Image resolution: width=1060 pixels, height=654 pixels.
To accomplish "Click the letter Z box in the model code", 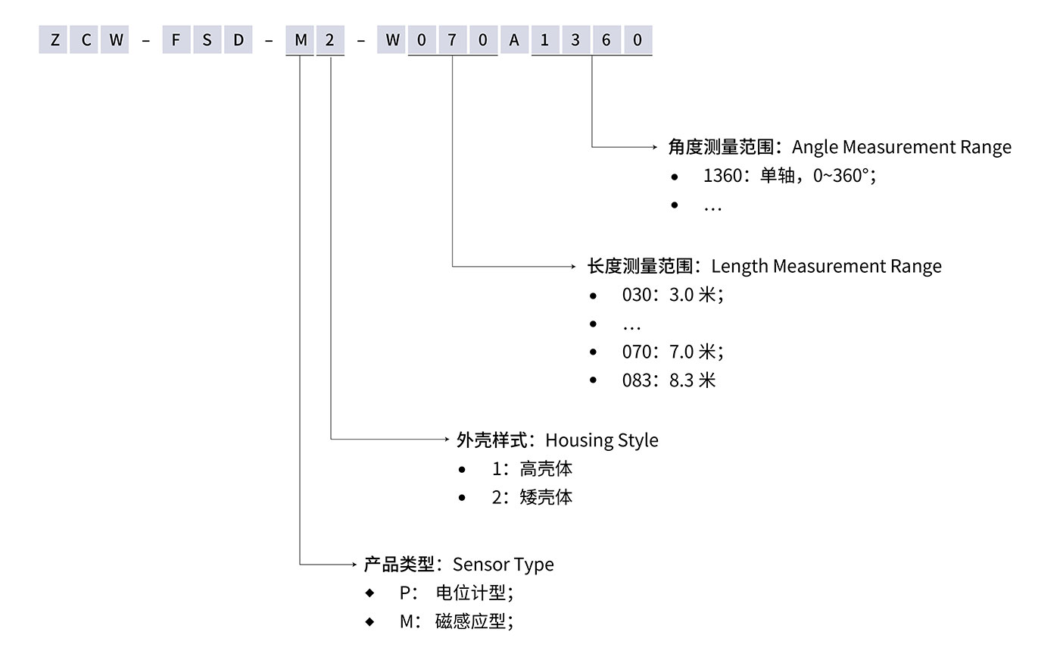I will [x=54, y=41].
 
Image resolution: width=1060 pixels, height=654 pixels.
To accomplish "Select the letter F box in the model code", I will [x=176, y=41].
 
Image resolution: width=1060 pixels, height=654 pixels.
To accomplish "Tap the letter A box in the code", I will [x=514, y=41].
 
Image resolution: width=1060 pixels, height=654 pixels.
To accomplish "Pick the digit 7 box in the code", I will [x=453, y=41].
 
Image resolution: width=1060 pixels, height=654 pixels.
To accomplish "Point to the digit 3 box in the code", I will [x=575, y=41].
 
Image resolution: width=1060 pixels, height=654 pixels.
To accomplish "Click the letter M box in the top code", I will [x=301, y=41].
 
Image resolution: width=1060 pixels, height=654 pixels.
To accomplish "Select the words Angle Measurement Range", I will [x=901, y=147].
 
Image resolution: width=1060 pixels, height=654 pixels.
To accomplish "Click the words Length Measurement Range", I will [x=826, y=266].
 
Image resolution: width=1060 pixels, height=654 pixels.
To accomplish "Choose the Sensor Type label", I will [x=503, y=565].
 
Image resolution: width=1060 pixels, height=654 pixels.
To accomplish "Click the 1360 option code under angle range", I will [x=722, y=176].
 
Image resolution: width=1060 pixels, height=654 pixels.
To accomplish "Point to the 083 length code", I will [x=636, y=380].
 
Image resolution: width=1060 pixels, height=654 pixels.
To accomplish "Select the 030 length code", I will [x=636, y=295].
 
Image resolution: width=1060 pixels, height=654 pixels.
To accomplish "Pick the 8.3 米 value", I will [x=692, y=380].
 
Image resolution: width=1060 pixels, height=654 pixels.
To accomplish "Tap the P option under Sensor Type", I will [x=404, y=593].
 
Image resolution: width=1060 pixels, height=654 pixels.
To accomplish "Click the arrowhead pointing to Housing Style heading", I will [x=448, y=439].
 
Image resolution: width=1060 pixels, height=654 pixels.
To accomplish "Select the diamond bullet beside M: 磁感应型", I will [x=369, y=621].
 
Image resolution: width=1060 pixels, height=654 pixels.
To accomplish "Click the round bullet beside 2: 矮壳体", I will [x=462, y=498].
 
